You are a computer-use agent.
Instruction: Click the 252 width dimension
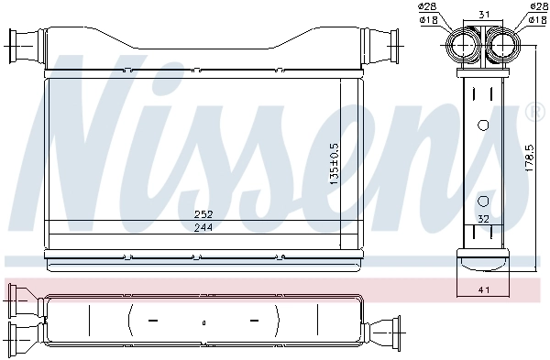(203, 214)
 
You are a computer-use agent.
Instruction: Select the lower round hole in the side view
(483, 200)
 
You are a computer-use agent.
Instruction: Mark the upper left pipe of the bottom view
(18, 297)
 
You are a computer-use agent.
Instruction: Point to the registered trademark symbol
(533, 113)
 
